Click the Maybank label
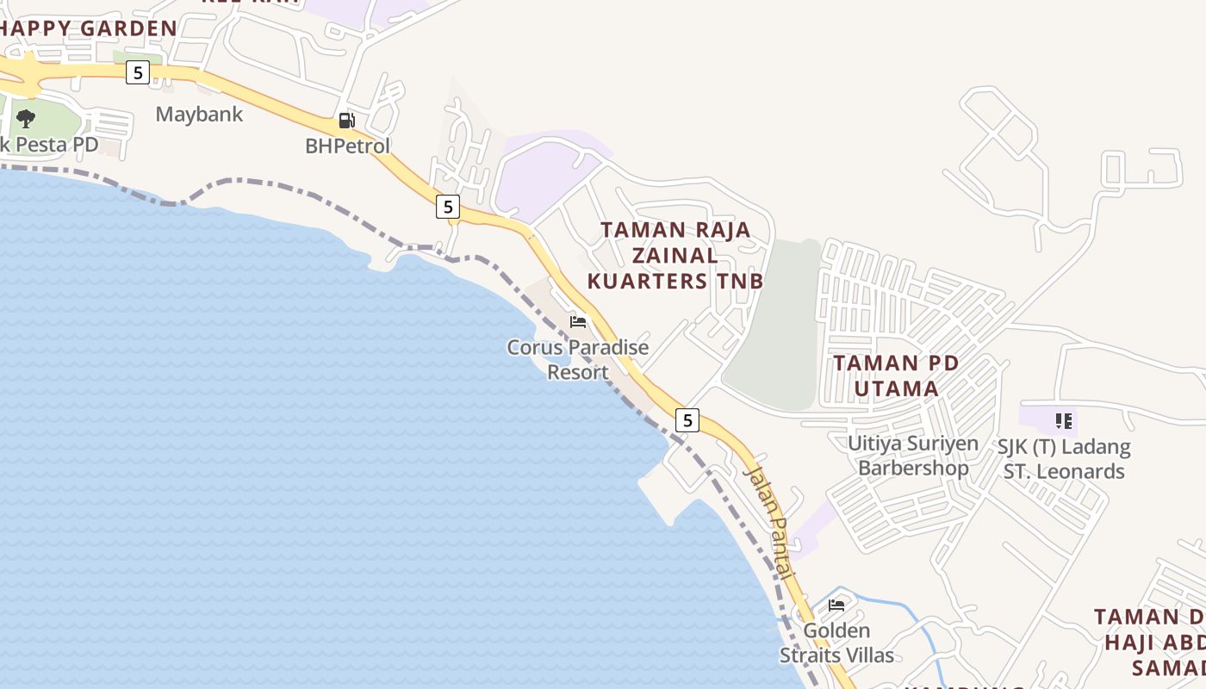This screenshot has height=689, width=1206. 199,114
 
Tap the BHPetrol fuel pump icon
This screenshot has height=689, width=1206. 346,121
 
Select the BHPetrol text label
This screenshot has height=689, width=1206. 348,146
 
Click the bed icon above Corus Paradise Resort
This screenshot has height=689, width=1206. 578,321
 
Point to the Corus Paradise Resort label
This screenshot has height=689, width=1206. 578,360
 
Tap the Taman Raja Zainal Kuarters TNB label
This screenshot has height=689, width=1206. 675,255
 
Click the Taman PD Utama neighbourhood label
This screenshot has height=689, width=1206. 896,376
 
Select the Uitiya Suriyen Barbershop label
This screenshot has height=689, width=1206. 913,456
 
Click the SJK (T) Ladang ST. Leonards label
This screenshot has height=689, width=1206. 1064,459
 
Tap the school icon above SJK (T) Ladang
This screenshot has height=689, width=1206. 1064,421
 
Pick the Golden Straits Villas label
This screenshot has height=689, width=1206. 836,642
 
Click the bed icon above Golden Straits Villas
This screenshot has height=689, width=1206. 836,605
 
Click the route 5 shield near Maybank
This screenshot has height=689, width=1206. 138,72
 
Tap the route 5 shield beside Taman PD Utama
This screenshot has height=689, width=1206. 687,420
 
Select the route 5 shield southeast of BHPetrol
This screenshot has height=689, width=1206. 447,207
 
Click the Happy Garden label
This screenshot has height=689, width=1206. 89,28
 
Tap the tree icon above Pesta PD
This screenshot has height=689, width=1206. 26,118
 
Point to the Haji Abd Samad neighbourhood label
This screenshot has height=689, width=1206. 1154,642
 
